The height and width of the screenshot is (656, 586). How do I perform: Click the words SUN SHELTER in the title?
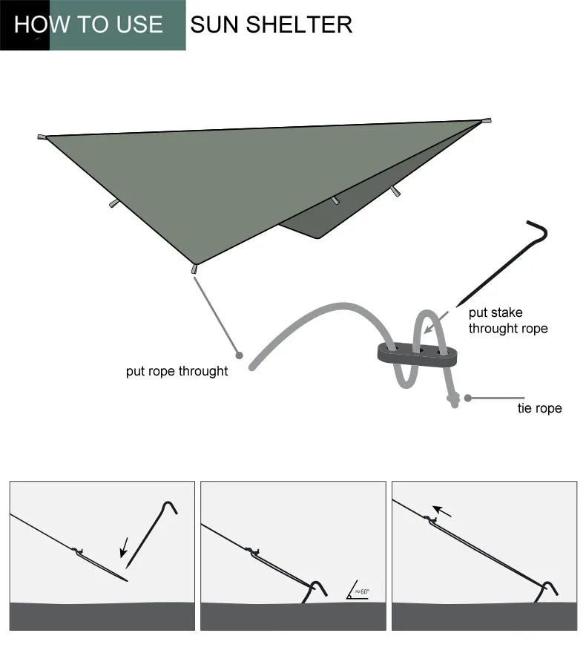(271, 24)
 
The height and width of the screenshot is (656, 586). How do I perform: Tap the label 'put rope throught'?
(177, 371)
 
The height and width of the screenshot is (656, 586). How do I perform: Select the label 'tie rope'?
(539, 408)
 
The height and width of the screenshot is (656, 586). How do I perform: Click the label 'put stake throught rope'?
(507, 321)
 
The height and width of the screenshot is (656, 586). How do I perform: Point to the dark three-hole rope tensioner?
(417, 352)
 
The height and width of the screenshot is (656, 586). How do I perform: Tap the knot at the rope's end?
(452, 401)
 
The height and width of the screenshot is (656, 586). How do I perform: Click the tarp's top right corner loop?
(487, 120)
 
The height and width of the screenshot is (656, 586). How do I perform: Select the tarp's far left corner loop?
(42, 137)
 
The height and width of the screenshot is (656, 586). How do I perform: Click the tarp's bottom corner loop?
(194, 269)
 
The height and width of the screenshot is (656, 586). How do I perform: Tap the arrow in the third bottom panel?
(442, 511)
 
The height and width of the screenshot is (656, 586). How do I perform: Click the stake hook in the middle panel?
(317, 589)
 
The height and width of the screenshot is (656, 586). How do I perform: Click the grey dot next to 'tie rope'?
(468, 398)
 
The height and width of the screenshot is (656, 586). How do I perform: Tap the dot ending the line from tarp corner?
(239, 355)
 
